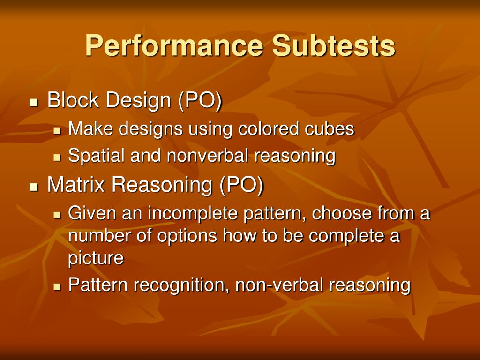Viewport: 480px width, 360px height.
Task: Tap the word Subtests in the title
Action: pos(334,46)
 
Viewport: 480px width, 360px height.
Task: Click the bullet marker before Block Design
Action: pos(33,102)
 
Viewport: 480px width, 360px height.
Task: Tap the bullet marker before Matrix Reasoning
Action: pos(33,187)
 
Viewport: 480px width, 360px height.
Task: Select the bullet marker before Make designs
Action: pos(57,130)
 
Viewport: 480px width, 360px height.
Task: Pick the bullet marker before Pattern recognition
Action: pos(57,286)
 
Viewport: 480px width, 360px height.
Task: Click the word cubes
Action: pos(330,129)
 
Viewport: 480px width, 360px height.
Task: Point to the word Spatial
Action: pos(97,156)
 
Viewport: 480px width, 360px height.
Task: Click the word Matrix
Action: pos(76,185)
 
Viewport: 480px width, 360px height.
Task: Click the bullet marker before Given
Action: pos(57,215)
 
